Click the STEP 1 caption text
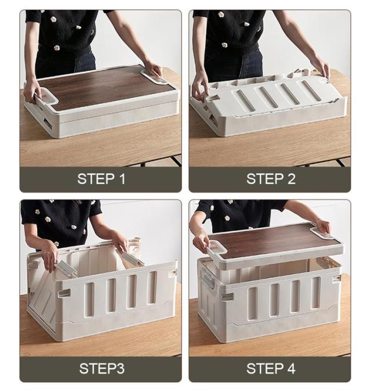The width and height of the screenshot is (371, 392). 101,179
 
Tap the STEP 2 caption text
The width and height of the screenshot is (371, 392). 271,179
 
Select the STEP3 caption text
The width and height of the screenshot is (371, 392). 101,368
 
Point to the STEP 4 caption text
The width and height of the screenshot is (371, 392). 271,368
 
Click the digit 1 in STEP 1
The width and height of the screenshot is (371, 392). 122,179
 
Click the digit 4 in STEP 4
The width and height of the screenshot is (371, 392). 291,368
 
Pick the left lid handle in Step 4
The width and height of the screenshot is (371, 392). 217,249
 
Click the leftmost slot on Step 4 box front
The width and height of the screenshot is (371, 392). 253,303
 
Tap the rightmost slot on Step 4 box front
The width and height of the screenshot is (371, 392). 315,292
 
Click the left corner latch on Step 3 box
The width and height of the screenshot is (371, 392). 64,293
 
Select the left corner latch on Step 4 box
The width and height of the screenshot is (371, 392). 227,296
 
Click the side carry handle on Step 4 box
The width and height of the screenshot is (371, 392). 209,281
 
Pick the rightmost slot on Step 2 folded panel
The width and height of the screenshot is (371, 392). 311,90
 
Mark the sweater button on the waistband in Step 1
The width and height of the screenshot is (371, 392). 57,47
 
